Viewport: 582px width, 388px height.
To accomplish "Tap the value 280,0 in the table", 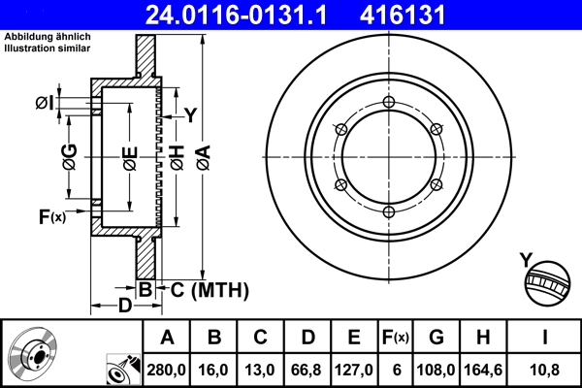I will [167, 369].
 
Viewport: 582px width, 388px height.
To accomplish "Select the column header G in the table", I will [436, 338].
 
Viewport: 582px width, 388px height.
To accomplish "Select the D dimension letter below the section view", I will [124, 307].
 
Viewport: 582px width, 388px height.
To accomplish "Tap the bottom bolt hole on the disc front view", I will [388, 211].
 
